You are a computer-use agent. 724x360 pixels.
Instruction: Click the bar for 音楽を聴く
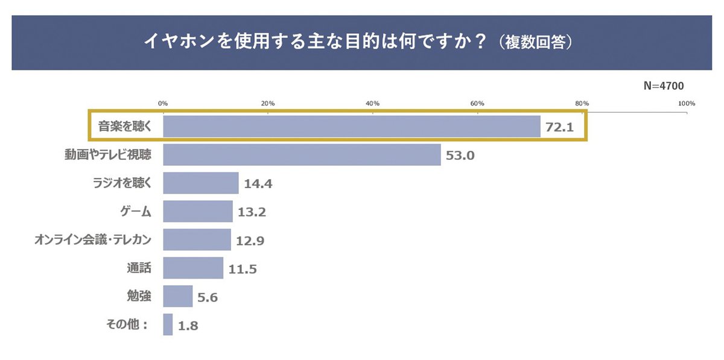351,127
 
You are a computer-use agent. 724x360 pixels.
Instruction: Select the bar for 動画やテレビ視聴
302,155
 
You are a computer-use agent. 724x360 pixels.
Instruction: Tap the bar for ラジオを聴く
201,183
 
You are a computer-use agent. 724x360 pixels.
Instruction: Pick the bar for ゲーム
198,212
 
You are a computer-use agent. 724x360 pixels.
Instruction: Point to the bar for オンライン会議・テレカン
197,240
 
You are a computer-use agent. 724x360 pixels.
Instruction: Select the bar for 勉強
178,297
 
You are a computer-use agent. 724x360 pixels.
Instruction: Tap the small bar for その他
168,325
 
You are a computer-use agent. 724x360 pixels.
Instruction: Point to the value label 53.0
460,156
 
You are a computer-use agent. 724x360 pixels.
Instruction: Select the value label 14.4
258,184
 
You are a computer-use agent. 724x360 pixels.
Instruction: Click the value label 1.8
188,326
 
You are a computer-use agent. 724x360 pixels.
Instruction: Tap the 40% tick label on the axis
372,104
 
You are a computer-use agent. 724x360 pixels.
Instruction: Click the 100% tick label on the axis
687,104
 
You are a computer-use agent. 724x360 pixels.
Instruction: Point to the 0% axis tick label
163,104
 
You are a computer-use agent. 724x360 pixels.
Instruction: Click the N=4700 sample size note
663,86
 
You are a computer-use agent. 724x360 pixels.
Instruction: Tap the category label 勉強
135,297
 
